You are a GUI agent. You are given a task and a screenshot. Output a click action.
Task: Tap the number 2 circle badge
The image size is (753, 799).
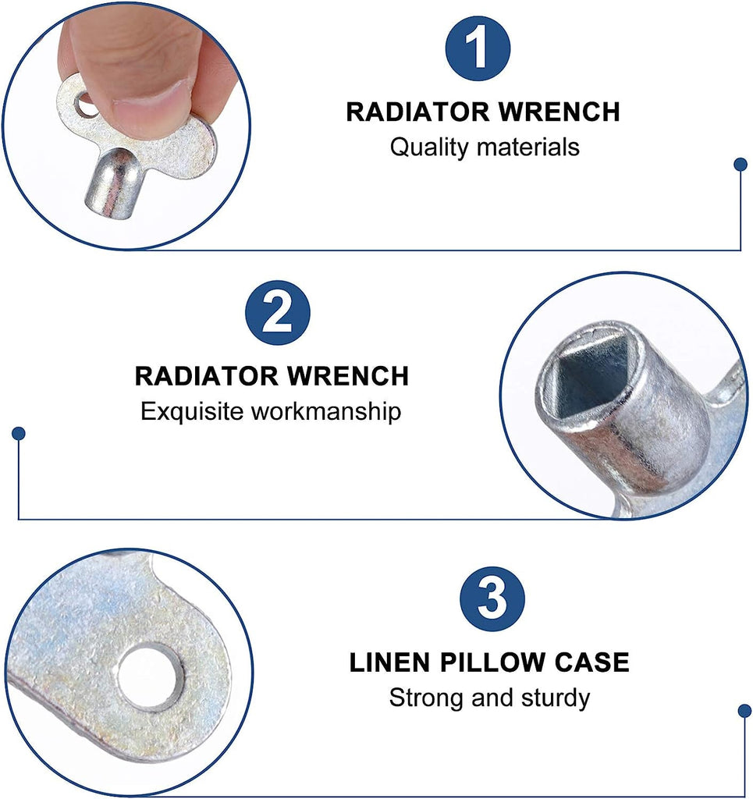[278, 312]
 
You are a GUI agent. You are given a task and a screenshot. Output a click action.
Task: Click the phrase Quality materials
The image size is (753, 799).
[485, 147]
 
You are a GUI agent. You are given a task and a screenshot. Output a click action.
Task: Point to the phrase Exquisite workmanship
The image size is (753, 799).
[271, 411]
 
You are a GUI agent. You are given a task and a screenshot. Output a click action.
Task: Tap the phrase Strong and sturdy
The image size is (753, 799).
[489, 698]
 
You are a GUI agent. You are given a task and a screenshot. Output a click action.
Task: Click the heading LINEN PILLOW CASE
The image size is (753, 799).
[489, 662]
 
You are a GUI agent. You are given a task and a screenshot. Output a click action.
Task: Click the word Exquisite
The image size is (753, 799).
[192, 411]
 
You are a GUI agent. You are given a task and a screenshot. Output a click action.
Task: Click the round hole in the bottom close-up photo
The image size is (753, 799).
[150, 676]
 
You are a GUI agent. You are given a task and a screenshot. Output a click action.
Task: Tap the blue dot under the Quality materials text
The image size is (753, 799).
[740, 164]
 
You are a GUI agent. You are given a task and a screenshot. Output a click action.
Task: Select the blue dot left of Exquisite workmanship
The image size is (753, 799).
[19, 432]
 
